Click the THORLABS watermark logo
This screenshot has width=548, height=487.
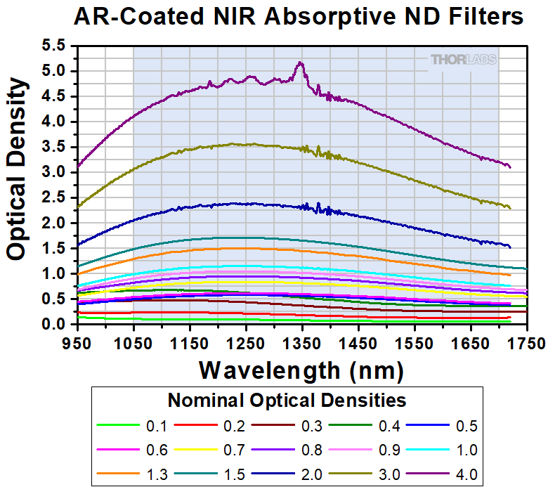[463, 60]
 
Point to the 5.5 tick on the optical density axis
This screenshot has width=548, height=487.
[55, 46]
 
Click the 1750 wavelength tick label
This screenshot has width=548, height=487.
[527, 344]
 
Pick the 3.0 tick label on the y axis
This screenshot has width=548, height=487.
[55, 172]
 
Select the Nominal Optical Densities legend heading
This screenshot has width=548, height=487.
[287, 401]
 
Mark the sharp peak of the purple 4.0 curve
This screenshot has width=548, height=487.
[301, 63]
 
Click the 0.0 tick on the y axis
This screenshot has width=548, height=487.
[55, 324]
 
